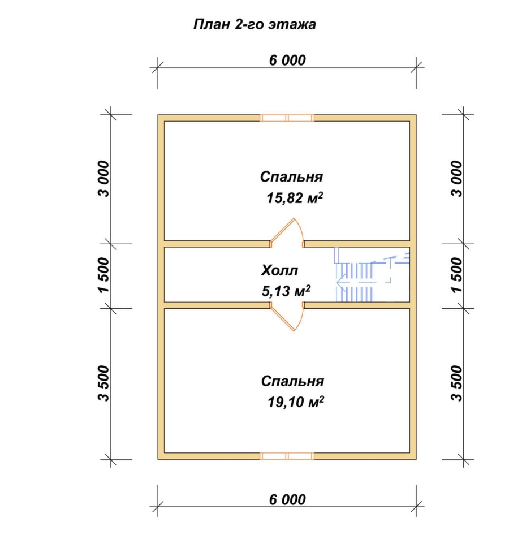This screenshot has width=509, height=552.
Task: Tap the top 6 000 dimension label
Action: tap(287, 60)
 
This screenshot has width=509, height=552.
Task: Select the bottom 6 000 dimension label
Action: tap(287, 499)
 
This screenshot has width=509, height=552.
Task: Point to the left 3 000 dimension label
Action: tap(104, 179)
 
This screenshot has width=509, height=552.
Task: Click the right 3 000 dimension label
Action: tap(456, 179)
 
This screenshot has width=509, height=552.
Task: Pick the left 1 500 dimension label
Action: tap(104, 275)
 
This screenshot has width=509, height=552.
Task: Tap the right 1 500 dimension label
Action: tap(456, 275)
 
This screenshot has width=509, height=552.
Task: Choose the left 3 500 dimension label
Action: tap(104, 383)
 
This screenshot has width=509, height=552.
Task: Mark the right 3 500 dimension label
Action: tap(456, 383)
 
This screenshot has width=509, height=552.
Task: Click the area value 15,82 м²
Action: tap(294, 198)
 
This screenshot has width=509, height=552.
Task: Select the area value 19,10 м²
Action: tap(296, 402)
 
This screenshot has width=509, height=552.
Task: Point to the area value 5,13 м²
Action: tap(286, 291)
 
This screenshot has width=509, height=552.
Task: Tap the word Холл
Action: tap(279, 270)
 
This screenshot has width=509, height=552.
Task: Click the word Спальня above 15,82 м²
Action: tap(291, 176)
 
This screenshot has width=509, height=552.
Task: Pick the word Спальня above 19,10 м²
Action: tap(292, 381)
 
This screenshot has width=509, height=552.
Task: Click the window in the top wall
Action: tap(287, 118)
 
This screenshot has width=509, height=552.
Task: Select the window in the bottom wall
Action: tap(287, 456)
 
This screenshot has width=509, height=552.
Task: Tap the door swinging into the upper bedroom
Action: tap(287, 232)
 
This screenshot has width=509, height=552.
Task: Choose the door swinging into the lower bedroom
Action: tap(287, 317)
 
